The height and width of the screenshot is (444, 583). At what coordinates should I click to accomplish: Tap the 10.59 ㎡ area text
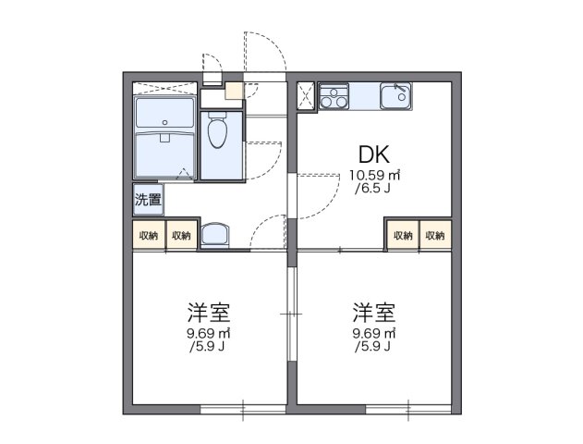point(374,175)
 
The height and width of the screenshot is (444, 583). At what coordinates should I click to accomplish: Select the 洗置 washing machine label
point(147,199)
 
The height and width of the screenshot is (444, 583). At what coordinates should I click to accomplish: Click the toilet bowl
point(217,133)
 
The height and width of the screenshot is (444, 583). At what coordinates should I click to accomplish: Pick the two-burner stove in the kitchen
point(334,96)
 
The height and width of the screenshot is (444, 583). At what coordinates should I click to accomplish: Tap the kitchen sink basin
point(396,94)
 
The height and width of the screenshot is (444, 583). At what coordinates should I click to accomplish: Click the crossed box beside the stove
point(306,96)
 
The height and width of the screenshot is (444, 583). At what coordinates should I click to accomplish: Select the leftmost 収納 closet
point(148,236)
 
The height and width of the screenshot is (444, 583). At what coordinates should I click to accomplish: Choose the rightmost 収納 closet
point(435,236)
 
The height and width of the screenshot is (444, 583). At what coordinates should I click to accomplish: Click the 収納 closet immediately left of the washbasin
point(180,236)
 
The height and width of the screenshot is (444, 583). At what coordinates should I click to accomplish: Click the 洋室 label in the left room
point(208,311)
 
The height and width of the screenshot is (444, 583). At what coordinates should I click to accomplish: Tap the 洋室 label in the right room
point(374,311)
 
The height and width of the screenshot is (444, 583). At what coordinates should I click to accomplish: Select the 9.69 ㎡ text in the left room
point(209,333)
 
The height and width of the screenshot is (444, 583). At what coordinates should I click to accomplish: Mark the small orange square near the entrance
point(232,92)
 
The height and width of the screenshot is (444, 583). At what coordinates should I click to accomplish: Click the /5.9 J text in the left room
point(209,347)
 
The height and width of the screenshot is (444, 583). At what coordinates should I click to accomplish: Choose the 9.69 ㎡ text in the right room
point(374,333)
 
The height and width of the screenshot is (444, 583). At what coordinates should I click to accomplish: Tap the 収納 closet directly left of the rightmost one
point(403,236)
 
